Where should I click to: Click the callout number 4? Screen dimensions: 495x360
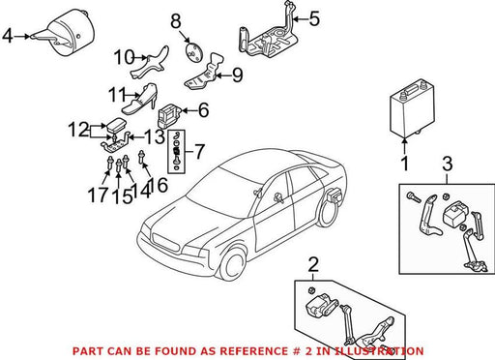pos(8,36)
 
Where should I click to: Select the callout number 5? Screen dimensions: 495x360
pos(314,18)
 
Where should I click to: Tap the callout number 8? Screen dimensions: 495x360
pos(176,21)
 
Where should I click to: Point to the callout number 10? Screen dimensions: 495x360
pos(125,58)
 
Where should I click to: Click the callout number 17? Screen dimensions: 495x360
pos(98,195)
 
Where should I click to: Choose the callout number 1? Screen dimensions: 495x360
pos(405,164)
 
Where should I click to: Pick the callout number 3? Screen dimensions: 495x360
pos(448,164)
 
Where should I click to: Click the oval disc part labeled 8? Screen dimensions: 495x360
pos(193,51)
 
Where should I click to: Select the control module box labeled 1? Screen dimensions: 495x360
pos(412,106)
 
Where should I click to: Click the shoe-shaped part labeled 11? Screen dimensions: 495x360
pos(139,99)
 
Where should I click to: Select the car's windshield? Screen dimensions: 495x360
pos(218,190)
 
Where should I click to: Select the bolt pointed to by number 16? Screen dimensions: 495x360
pos(141,157)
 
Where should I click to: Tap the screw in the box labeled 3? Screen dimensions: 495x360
pos(414,197)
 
